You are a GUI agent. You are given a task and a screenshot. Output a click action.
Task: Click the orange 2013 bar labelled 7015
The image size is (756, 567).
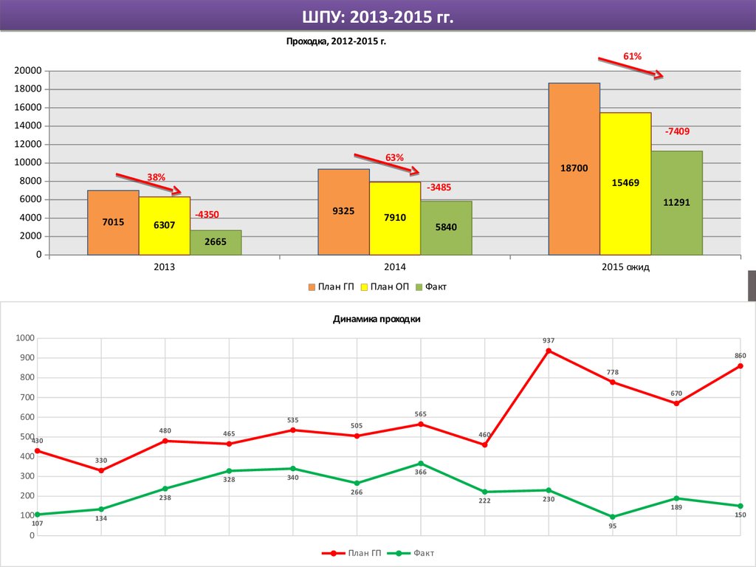click(113, 222)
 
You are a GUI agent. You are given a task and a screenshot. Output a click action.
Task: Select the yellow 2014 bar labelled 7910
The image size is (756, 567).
click(395, 218)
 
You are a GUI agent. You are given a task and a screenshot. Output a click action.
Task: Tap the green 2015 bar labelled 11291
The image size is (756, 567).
click(676, 202)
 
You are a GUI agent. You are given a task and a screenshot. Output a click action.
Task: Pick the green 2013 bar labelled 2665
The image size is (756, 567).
click(216, 242)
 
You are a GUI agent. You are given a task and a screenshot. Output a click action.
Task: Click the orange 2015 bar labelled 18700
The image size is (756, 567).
click(574, 168)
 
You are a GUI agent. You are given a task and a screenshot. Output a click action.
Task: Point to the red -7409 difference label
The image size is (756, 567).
click(676, 131)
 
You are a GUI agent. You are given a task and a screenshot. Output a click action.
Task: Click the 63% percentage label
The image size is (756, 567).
click(394, 157)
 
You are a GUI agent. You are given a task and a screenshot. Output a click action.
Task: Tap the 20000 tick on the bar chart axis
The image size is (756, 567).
click(27, 71)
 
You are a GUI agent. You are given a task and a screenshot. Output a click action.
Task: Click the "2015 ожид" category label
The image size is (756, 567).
click(625, 267)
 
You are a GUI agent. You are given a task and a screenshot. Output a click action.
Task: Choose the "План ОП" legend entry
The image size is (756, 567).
click(387, 286)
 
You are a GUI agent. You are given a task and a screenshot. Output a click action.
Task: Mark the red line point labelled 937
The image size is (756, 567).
click(549, 351)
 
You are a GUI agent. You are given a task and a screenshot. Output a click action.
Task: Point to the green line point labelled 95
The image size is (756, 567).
click(612, 517)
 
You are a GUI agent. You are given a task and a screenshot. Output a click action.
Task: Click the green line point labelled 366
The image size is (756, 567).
click(421, 464)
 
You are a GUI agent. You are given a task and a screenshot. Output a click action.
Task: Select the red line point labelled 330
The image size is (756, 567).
click(101, 470)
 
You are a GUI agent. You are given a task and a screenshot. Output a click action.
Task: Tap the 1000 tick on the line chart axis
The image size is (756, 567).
click(25, 338)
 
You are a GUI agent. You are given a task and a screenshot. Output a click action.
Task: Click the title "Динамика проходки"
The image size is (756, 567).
click(377, 320)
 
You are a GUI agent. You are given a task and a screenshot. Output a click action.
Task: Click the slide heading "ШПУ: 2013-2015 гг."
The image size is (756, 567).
click(377, 16)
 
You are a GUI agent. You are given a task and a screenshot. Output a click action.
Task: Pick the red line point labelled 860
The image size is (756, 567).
click(740, 366)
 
